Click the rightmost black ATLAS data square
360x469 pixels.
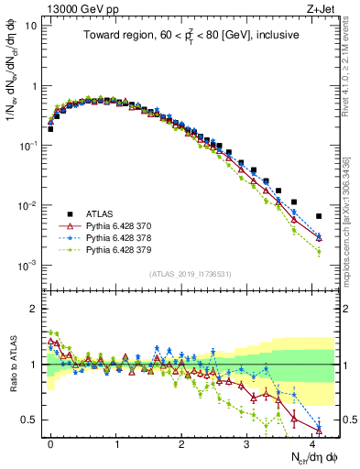click(318, 216)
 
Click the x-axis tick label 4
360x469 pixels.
click(311, 442)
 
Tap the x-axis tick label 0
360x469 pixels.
click(51, 442)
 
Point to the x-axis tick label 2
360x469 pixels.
click(181, 442)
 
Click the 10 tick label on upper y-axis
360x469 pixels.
click(31, 26)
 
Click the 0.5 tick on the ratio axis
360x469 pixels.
click(30, 420)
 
